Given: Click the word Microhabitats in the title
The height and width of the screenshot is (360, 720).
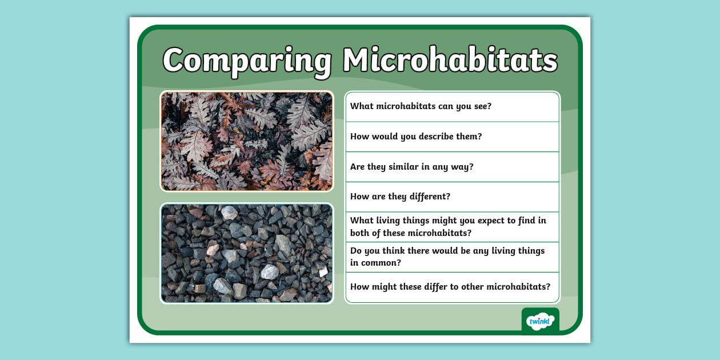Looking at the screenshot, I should (450, 59).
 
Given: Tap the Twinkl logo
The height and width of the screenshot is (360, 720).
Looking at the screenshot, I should (540, 321).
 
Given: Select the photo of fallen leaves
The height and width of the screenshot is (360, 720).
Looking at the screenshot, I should (247, 141).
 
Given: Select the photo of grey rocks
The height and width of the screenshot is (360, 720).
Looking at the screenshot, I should (247, 253).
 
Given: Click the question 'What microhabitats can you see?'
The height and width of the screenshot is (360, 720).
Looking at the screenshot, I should (421, 106).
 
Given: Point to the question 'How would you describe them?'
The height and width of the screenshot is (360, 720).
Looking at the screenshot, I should (415, 137).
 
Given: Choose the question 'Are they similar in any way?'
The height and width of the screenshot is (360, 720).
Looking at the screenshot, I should (411, 167).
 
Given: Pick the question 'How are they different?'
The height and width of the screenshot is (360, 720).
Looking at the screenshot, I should (400, 197).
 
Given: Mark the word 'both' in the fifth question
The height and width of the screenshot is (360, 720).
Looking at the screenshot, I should (361, 233).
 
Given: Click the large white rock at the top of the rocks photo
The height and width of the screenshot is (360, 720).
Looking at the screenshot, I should (229, 213).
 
